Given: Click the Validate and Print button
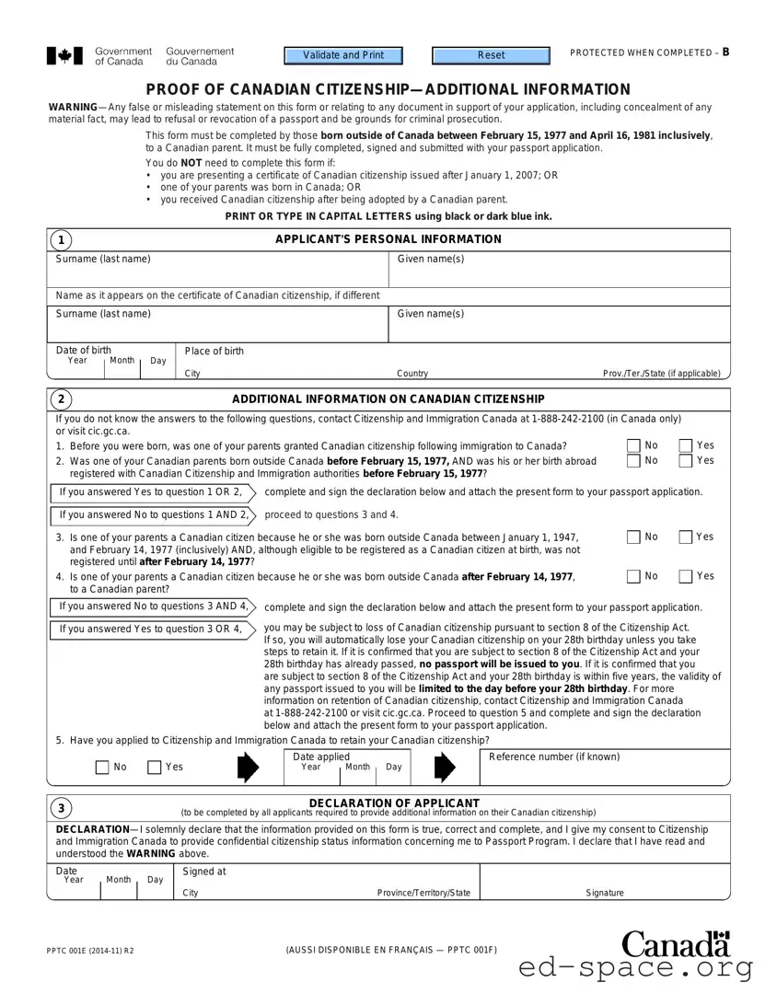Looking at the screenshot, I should [343, 55].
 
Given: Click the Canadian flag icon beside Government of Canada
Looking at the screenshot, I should [64, 56].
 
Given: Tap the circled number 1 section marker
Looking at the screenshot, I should [61, 240].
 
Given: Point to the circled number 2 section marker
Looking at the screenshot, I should [61, 399].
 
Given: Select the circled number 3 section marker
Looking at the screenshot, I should [61, 808].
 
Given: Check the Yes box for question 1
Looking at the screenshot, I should [686, 446].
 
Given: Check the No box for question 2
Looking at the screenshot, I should [633, 461].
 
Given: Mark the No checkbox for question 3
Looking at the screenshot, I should [633, 537].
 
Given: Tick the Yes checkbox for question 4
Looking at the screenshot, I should [686, 577].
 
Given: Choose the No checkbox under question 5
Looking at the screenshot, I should [102, 768].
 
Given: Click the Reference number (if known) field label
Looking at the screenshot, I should [553, 757].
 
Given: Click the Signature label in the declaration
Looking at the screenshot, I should [605, 893].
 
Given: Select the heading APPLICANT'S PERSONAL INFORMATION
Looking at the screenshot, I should [388, 239].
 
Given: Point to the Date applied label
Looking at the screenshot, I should [321, 757].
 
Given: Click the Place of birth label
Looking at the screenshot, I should [215, 352].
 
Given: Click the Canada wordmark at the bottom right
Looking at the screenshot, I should [676, 944].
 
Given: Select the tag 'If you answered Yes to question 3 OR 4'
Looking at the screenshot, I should [150, 630].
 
